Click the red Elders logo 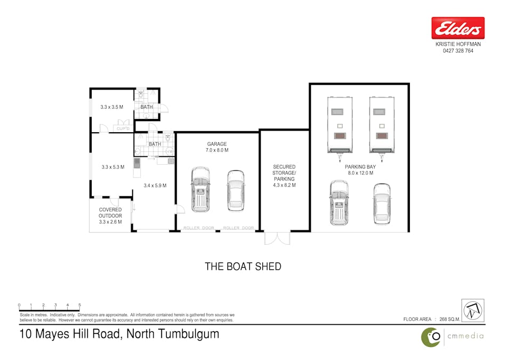[x=458, y=28]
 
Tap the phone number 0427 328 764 [x=458, y=51]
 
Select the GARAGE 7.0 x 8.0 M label [x=217, y=147]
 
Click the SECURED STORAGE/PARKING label [x=284, y=176]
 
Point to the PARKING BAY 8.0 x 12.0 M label [x=360, y=170]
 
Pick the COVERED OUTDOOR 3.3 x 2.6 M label [x=110, y=216]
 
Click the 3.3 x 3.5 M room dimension [x=112, y=107]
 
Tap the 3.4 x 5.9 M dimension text [x=155, y=186]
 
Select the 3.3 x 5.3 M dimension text [x=113, y=167]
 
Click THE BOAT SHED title [x=243, y=267]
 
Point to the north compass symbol [x=473, y=310]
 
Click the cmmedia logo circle [x=431, y=337]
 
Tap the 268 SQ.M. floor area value [x=450, y=319]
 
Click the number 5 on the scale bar [x=79, y=305]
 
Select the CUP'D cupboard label [x=123, y=129]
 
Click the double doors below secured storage [x=277, y=238]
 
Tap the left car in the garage [x=200, y=189]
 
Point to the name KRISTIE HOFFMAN [x=458, y=44]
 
